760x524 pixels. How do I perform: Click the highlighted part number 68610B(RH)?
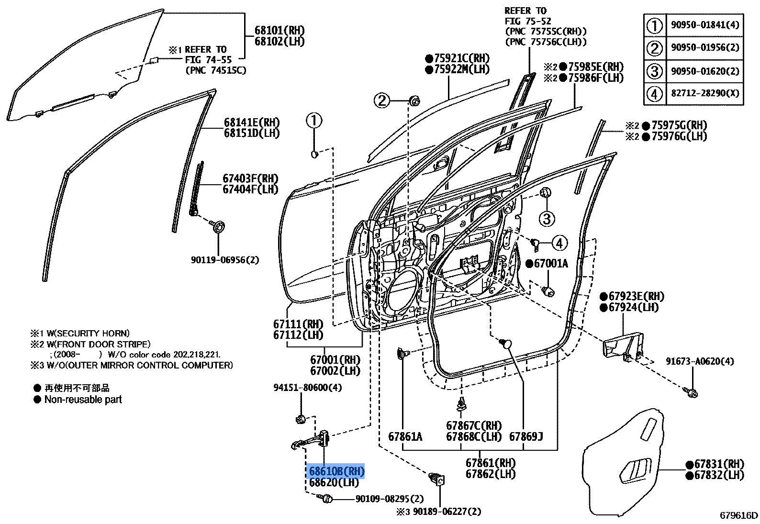pos(336,471)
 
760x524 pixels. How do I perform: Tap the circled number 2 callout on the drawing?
pos(382,100)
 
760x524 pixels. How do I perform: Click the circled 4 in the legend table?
pos(655,93)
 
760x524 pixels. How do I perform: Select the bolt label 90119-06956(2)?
pos(225,260)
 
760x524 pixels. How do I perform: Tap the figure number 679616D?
pos(739,515)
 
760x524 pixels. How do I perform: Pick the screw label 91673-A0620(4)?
pos(699,361)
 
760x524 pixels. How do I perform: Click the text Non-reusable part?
pos(83,400)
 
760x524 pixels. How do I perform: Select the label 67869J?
pos(526,436)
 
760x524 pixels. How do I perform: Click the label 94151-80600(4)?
pos(308,387)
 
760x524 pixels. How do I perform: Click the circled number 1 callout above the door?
pos(314,121)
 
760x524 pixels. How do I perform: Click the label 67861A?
pos(405,436)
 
